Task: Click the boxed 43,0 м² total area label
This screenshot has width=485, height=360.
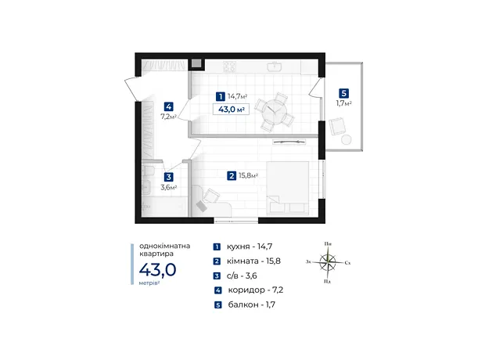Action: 231,110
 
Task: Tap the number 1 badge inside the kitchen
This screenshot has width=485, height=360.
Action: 221,96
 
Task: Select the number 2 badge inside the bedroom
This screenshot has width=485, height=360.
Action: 232,176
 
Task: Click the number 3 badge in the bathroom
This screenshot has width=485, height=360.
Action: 168,177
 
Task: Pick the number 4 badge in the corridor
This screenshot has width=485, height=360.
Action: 168,106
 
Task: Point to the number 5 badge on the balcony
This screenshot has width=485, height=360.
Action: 343,93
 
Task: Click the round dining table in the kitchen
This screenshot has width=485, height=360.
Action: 274,112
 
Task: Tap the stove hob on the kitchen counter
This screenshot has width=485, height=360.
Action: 229,66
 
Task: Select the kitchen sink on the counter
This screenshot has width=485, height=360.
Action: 274,67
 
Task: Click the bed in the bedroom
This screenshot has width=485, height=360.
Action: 288,188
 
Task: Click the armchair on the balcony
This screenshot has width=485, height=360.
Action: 337,126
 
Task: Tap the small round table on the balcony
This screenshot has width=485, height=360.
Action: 346,139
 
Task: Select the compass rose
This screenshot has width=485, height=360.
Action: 328,262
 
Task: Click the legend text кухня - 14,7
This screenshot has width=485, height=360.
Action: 250,247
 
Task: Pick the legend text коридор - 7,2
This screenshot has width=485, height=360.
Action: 256,290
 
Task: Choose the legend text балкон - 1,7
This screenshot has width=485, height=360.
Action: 251,304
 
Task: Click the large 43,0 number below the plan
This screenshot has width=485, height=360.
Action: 157,270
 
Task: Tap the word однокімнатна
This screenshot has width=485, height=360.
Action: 164,246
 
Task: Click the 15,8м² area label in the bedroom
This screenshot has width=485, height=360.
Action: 248,176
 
